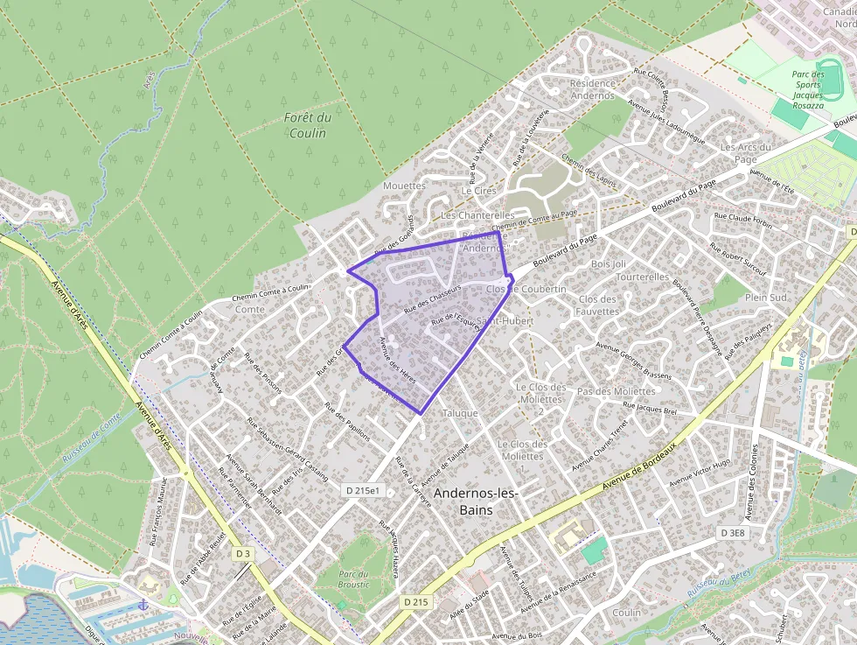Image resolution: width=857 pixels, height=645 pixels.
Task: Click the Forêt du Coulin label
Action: click(307, 125)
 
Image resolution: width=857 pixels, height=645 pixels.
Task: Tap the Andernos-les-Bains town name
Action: click(476, 501)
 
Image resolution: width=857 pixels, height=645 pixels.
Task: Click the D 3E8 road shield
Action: click(734, 532)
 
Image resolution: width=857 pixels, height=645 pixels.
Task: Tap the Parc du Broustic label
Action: click(353, 578)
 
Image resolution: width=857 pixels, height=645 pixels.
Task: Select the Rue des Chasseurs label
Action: click(432, 299)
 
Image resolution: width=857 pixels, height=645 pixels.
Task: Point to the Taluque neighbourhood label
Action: click(460, 413)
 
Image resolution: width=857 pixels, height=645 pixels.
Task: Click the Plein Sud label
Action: click(765, 298)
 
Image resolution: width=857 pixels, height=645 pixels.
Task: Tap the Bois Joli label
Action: click(609, 263)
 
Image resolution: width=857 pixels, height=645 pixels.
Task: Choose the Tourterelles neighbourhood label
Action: click(642, 277)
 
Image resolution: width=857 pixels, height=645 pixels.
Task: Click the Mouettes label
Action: click(404, 186)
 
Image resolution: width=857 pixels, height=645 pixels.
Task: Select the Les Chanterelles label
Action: click(477, 214)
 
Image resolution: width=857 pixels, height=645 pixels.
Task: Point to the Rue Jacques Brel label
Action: click(651, 409)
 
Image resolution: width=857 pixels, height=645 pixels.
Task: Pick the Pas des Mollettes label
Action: click(617, 391)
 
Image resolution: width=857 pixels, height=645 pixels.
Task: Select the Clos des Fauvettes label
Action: click(598, 305)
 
